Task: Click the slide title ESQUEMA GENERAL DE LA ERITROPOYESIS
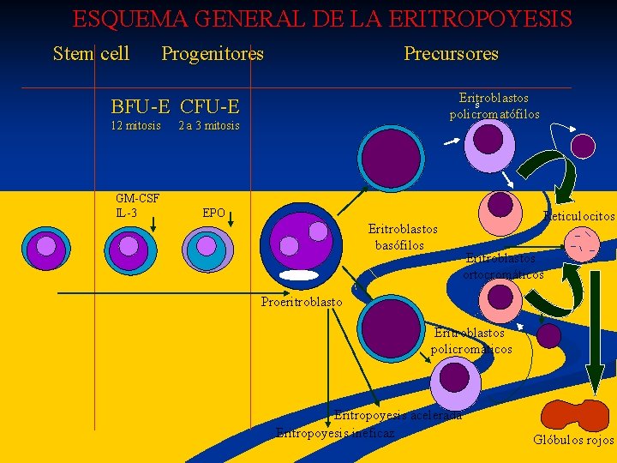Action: pyautogui.click(x=321, y=19)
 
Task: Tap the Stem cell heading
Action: pyautogui.click(x=91, y=53)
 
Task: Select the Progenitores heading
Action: pyautogui.click(x=213, y=53)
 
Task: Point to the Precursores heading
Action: pyautogui.click(x=451, y=53)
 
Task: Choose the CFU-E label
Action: pyautogui.click(x=209, y=107)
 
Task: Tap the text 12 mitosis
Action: pyautogui.click(x=136, y=126)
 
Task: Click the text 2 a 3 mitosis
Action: pyautogui.click(x=208, y=126)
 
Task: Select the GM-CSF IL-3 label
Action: pyautogui.click(x=137, y=206)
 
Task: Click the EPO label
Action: pyautogui.click(x=213, y=213)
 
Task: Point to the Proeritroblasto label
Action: pyautogui.click(x=302, y=302)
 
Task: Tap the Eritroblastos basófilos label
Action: pyautogui.click(x=402, y=237)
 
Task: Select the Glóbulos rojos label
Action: pyautogui.click(x=573, y=441)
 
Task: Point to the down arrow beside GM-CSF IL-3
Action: pyautogui.click(x=153, y=223)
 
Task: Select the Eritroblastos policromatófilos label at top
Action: pyautogui.click(x=494, y=106)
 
